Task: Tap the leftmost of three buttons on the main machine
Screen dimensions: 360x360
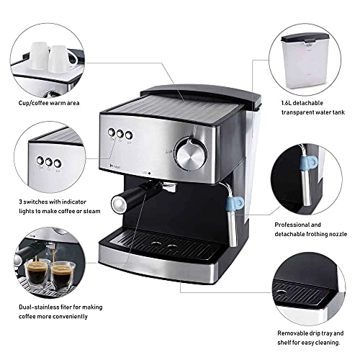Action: [x=111, y=133]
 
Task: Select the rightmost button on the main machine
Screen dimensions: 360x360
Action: [x=129, y=135]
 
